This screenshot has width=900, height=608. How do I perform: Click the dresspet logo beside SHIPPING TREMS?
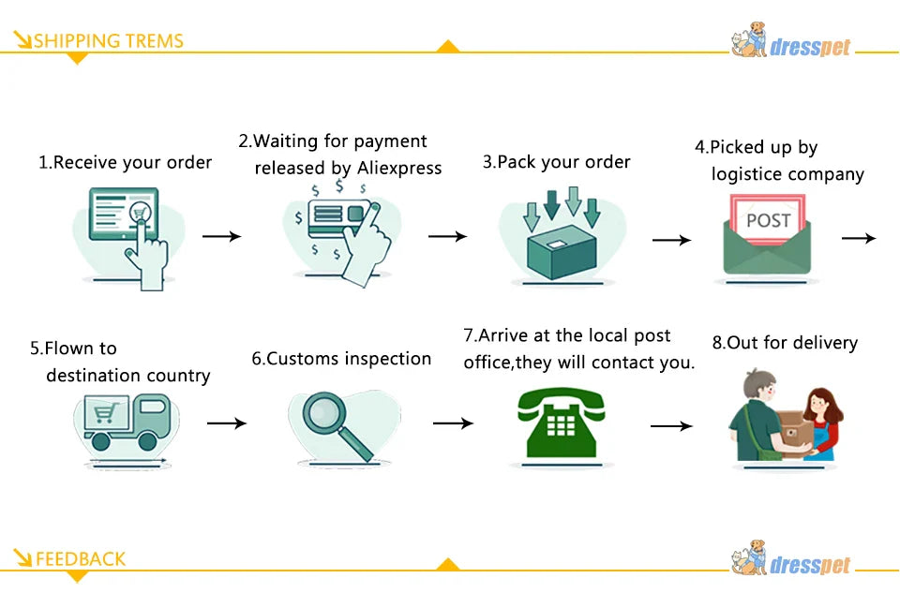pyautogui.click(x=792, y=42)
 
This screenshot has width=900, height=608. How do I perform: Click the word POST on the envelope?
pyautogui.click(x=768, y=221)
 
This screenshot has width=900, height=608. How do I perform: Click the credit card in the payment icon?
pyautogui.click(x=334, y=215)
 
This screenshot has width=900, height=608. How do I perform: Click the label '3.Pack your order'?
pyautogui.click(x=556, y=162)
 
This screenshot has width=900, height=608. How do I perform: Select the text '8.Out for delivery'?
pyautogui.click(x=785, y=343)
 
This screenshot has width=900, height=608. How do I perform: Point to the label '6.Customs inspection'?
pyautogui.click(x=341, y=359)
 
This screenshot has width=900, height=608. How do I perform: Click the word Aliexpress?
pyautogui.click(x=399, y=169)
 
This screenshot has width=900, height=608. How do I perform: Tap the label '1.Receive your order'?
pyautogui.click(x=125, y=162)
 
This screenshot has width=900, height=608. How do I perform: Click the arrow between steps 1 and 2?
pyautogui.click(x=221, y=236)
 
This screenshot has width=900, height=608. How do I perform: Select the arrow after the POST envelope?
pyautogui.click(x=858, y=239)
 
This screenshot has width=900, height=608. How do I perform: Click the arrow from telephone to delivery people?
pyautogui.click(x=671, y=426)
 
